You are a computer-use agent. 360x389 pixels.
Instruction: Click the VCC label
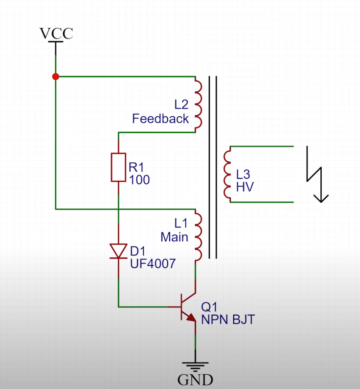click(56, 33)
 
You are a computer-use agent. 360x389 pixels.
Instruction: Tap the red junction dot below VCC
click(56, 76)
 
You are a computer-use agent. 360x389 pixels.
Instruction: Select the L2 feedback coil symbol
click(198, 104)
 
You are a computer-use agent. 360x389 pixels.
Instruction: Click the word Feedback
click(160, 119)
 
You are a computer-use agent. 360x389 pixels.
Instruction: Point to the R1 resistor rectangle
click(118, 167)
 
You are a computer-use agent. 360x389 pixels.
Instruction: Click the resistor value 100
click(139, 180)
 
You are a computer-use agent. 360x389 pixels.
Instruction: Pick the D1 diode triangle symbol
click(118, 251)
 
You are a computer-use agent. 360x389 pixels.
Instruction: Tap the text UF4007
click(153, 263)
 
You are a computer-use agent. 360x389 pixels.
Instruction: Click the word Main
click(174, 237)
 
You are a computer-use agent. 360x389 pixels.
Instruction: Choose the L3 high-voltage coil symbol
click(227, 174)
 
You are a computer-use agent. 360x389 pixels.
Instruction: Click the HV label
click(245, 187)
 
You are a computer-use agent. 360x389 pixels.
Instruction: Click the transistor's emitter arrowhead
click(191, 318)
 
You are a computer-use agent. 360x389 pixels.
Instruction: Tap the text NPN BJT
click(228, 320)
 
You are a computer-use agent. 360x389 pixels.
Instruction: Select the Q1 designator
click(209, 307)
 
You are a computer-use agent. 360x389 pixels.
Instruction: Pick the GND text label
click(195, 380)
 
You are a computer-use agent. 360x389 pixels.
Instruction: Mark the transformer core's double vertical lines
click(213, 167)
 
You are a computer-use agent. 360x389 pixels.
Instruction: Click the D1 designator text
click(138, 251)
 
